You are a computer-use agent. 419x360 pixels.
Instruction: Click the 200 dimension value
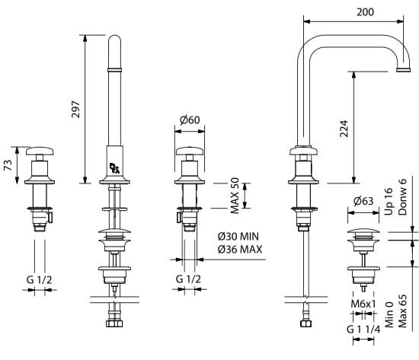pyautogui.click(x=365, y=12)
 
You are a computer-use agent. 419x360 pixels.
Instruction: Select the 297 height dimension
pyautogui.click(x=76, y=110)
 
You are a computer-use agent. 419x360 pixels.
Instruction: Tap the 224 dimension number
pyautogui.click(x=344, y=129)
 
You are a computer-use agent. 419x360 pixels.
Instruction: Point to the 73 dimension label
pyautogui.click(x=8, y=165)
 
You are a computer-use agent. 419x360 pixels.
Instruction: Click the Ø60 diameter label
pyautogui.click(x=190, y=120)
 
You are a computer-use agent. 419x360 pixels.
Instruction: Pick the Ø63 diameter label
pyautogui.click(x=363, y=201)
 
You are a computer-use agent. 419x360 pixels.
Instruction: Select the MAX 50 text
pyautogui.click(x=235, y=196)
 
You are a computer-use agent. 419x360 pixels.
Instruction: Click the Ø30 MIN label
pyautogui.click(x=238, y=237)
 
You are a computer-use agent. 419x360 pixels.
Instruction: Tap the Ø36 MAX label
pyautogui.click(x=240, y=250)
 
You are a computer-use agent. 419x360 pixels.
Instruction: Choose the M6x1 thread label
pyautogui.click(x=363, y=304)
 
